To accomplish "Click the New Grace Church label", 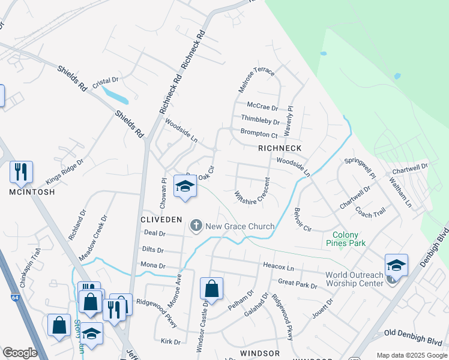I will coord(240,226).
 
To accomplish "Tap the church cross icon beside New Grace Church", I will coord(196,226).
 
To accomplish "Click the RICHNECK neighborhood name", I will coord(279,148).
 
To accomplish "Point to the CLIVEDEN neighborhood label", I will coord(161,220).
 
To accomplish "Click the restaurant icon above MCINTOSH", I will coord(21,172).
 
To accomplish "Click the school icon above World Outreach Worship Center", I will coord(396,265).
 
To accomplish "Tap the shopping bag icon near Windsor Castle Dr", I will coord(211,289).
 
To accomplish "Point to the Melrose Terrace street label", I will coord(256,79).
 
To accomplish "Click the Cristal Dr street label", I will coord(106,80).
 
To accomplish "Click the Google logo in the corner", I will coord(19,353).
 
